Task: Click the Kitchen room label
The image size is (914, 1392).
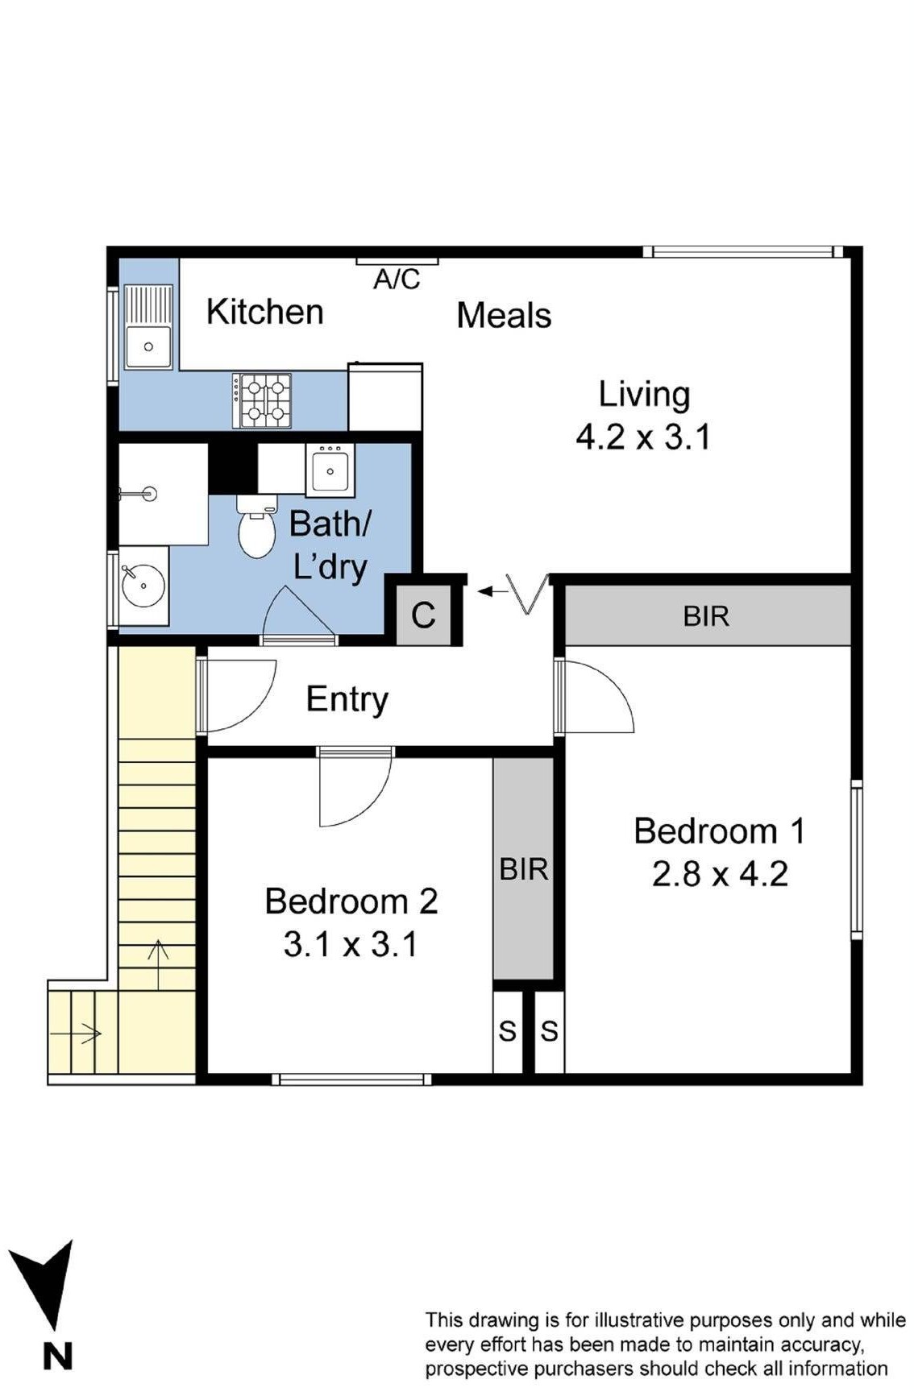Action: pos(264,312)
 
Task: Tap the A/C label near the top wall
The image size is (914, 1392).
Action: pos(397,280)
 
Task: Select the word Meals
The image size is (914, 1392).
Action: pos(504,315)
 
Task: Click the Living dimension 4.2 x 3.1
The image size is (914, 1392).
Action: pos(643,437)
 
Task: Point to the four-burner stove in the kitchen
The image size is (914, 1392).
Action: pos(262,400)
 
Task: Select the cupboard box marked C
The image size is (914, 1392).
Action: pos(423,615)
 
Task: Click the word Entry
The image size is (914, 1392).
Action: pos(347,699)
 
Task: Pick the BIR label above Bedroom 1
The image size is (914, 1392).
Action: pos(706,616)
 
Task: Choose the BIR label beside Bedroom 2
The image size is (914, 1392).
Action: pos(524,869)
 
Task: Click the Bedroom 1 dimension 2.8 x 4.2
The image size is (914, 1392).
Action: pos(720,874)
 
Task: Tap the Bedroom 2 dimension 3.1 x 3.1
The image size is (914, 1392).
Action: pos(351,944)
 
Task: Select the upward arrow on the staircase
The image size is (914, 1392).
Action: pos(158,964)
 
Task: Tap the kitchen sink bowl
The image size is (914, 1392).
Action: pos(148,346)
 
